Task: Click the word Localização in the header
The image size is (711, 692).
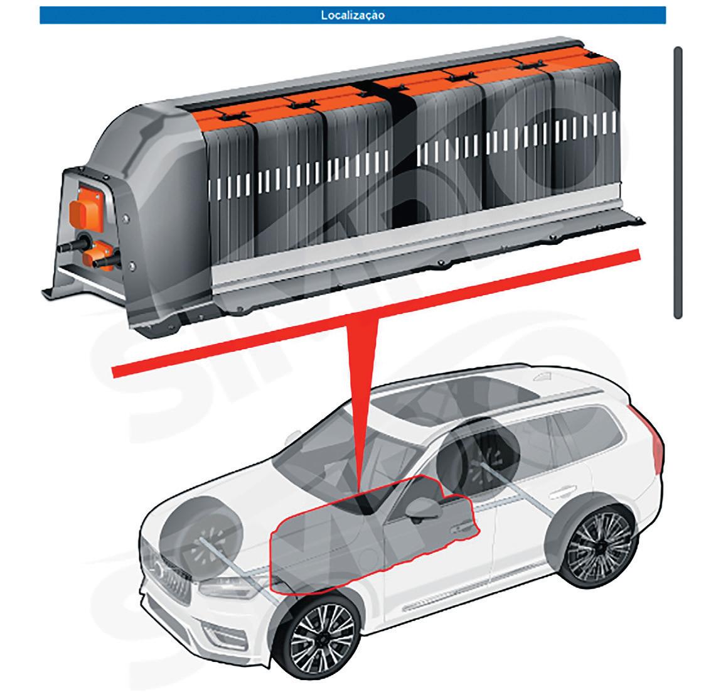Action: coord(353,16)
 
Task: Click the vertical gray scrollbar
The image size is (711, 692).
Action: coord(677,181)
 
